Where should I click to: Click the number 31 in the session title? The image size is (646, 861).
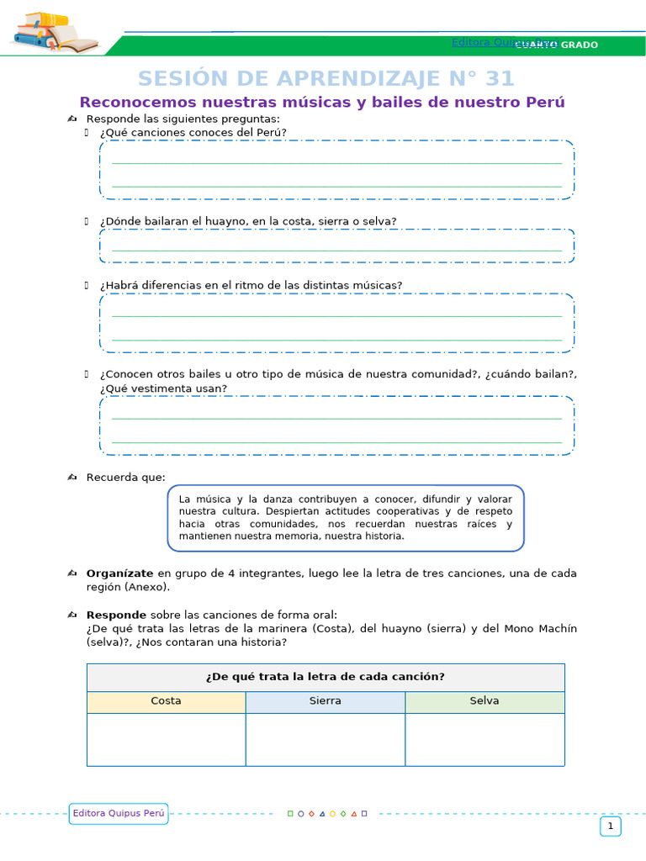coord(499,78)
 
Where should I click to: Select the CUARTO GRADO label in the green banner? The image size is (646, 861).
coord(563,45)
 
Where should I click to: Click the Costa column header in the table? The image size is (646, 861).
coord(166,701)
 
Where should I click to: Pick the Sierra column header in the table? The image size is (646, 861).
coord(325,701)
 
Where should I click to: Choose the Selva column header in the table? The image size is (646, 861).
coord(484,701)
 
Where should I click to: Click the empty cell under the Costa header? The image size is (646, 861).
coord(166,739)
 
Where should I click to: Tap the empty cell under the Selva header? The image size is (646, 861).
coord(484,739)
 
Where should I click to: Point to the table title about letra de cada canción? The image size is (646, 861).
coord(325,677)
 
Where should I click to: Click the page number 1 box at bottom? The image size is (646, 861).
coord(611,827)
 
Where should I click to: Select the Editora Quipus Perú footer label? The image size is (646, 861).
coord(119,813)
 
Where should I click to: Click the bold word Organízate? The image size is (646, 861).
coord(119,573)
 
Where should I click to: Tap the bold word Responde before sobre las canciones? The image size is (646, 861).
coord(116,615)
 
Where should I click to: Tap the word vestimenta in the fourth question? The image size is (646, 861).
coord(165,388)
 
